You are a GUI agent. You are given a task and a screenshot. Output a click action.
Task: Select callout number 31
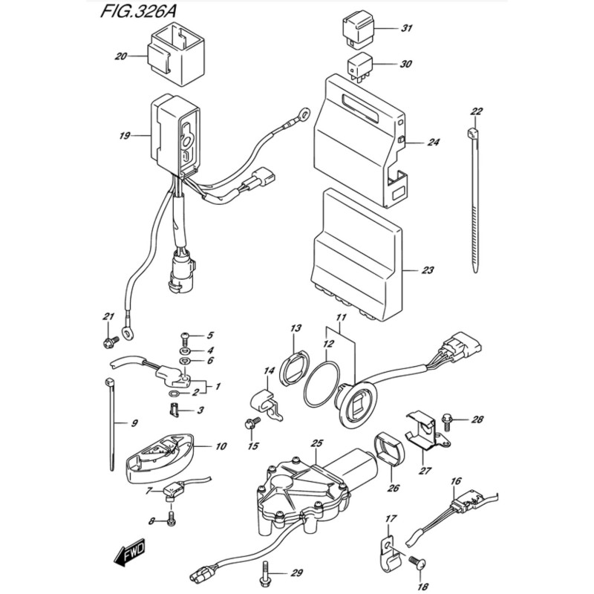405,30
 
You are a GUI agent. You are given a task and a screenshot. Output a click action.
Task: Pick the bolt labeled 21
111,342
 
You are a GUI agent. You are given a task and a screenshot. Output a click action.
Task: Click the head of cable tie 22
474,133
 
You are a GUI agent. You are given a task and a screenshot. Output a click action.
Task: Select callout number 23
427,270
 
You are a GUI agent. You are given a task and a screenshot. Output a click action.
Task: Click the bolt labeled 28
447,420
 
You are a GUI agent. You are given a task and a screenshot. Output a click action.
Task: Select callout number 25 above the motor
316,443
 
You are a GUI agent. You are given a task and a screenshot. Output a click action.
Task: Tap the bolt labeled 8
172,519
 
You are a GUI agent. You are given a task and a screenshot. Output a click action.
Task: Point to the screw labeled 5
186,336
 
